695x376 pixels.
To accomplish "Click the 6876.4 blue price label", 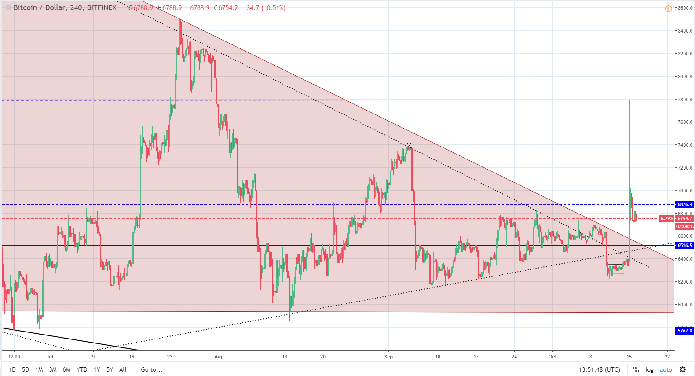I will point(684,204).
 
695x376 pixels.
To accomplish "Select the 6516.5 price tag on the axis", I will point(684,245).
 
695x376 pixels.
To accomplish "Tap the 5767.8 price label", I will point(684,331).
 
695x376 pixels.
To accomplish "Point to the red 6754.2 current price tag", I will point(684,218).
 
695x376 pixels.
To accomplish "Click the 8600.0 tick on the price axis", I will point(685,8).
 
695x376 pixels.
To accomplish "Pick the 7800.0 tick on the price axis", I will point(685,100).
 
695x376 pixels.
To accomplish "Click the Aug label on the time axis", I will point(219,357).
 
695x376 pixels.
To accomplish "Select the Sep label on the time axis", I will point(388,357).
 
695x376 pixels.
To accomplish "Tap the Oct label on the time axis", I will point(552,357).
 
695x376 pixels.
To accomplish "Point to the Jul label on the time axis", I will point(50,357).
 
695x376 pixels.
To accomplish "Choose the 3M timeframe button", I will point(53,369).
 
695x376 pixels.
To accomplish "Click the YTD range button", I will point(82,369).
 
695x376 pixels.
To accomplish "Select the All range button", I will point(123,369).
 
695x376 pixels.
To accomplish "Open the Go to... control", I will point(152,369).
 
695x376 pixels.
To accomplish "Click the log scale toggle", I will point(649,369).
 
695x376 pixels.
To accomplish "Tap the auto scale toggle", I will point(666,369).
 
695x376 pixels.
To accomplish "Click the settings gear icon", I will point(683,369).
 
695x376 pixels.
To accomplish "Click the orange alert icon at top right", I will point(668,9).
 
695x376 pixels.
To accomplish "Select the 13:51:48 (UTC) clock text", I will point(600,369).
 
